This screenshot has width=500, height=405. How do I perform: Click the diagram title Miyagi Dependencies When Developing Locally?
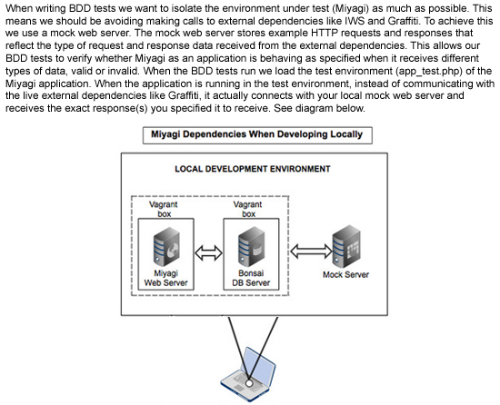point(256,134)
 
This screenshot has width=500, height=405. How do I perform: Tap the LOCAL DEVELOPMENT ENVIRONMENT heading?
point(252,169)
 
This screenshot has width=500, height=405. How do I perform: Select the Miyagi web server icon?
point(166,246)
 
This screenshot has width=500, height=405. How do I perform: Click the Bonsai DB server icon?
point(251,246)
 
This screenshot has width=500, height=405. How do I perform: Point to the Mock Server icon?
point(346,246)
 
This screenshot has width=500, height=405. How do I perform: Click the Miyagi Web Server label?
point(165,278)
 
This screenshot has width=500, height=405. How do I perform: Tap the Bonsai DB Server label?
point(251,278)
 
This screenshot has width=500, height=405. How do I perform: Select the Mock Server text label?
point(346,274)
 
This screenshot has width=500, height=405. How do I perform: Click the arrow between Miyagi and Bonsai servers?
point(208,253)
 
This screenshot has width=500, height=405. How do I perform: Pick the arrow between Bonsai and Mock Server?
point(311,251)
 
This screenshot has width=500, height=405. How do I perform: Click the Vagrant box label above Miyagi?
point(164,209)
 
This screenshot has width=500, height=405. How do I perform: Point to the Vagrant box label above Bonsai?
point(248,209)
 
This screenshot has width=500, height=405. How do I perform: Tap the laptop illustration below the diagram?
point(248,374)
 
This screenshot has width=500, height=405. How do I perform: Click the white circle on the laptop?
point(249,383)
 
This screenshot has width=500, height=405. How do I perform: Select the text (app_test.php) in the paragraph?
point(429,71)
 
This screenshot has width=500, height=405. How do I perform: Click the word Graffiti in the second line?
point(403,21)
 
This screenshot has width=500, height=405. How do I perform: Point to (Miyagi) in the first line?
point(348,8)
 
